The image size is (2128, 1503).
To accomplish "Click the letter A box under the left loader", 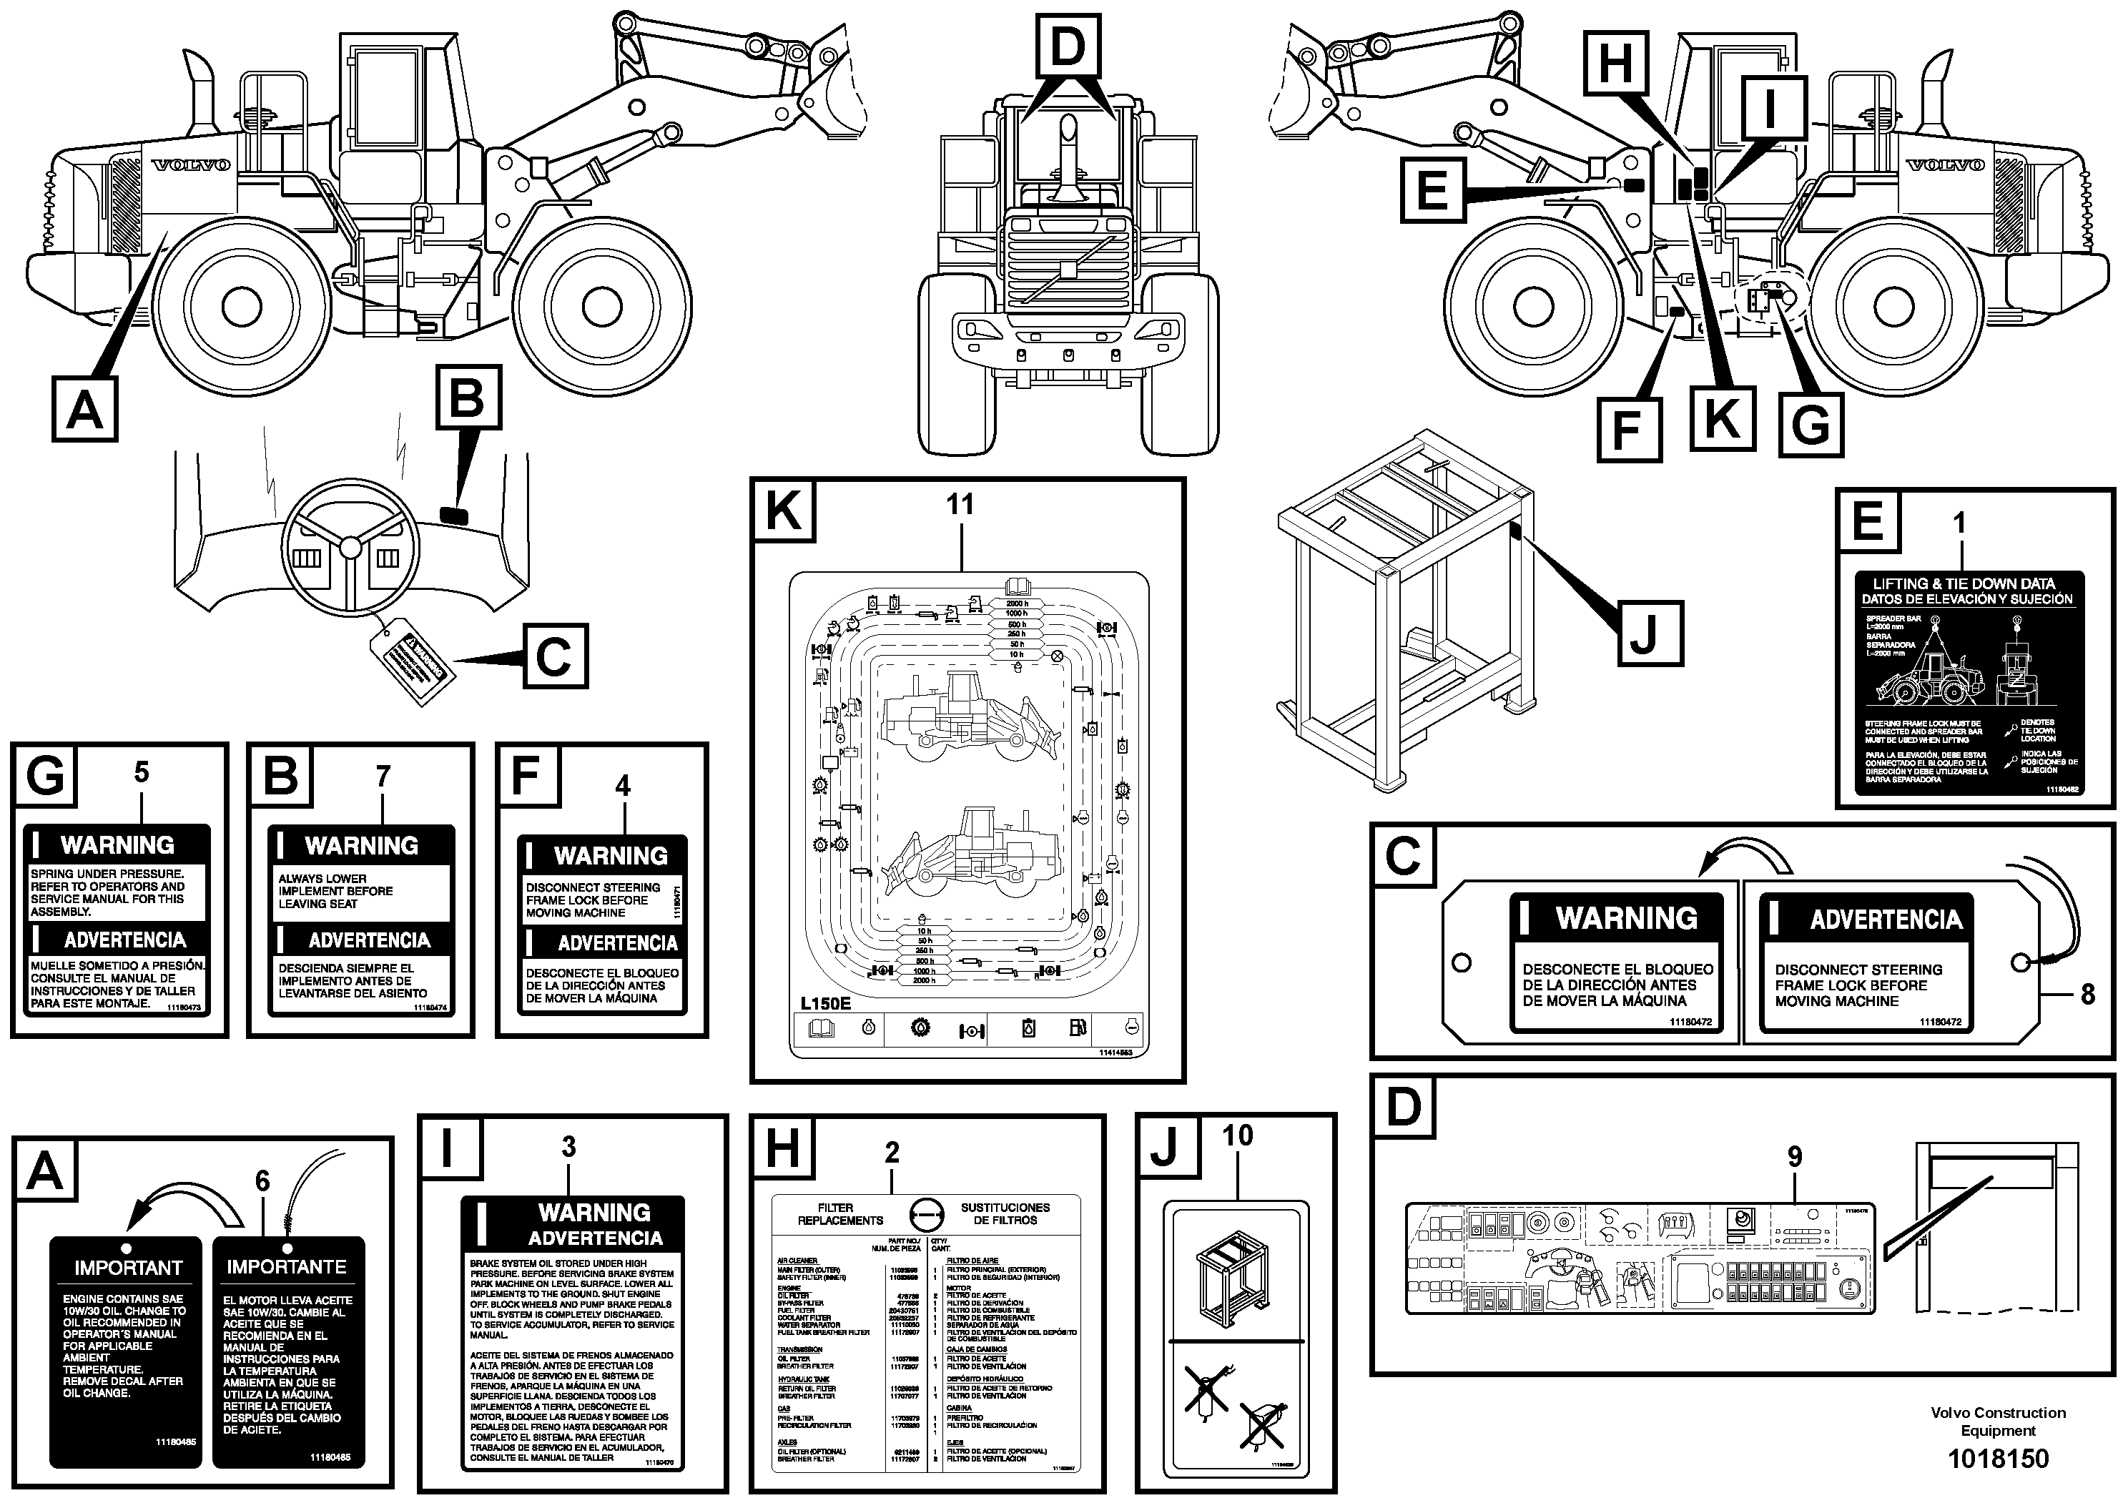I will point(84,409).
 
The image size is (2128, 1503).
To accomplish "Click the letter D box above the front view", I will point(1068,46).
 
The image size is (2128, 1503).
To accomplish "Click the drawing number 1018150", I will point(1997,1459).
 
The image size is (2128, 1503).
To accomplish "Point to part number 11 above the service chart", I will point(960,504).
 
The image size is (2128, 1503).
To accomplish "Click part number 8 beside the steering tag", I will point(2087,995).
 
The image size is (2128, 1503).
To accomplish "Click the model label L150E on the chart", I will point(826,1002).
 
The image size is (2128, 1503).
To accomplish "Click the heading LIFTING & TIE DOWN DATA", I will point(1963,583).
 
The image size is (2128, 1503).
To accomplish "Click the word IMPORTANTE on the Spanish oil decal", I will point(287,1266).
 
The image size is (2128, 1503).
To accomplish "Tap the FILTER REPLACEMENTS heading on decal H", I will point(839,1214).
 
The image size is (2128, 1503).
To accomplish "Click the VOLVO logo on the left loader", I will point(191,165).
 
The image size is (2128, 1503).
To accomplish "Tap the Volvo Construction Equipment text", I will point(1997,1421).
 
